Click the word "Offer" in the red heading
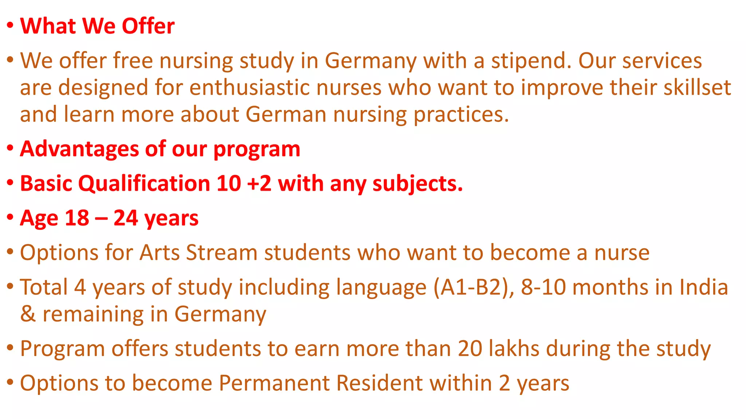click(x=148, y=26)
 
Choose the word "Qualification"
click(x=144, y=183)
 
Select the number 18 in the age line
click(x=77, y=218)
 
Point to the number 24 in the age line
click(x=126, y=218)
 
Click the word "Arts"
click(x=160, y=252)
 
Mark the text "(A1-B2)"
click(x=474, y=287)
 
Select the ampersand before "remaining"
click(x=28, y=314)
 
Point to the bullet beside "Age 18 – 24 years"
click(x=10, y=217)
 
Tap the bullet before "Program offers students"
click(x=10, y=347)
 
